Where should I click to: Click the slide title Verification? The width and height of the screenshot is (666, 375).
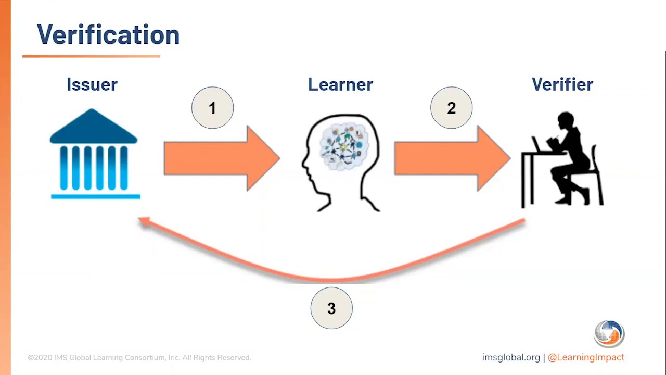tap(108, 35)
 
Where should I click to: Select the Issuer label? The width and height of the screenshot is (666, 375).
tap(92, 84)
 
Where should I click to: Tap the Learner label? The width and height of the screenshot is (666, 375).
tap(340, 84)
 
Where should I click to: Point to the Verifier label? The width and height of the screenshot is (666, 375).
tap(562, 84)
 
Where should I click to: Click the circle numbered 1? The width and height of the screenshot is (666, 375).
tap(212, 108)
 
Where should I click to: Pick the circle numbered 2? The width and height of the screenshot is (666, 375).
tap(451, 108)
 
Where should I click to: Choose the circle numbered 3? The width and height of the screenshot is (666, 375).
tap(331, 308)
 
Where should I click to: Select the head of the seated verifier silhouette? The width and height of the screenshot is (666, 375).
tap(565, 121)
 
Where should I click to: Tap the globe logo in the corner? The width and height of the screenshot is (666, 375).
tap(609, 334)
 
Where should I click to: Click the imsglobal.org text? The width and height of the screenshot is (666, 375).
tap(511, 358)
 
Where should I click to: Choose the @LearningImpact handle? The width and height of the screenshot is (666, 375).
tap(586, 358)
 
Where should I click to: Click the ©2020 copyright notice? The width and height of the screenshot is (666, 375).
tap(139, 358)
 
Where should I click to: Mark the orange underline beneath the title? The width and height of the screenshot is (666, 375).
tap(91, 56)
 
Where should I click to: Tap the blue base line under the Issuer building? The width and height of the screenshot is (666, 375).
tap(95, 196)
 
